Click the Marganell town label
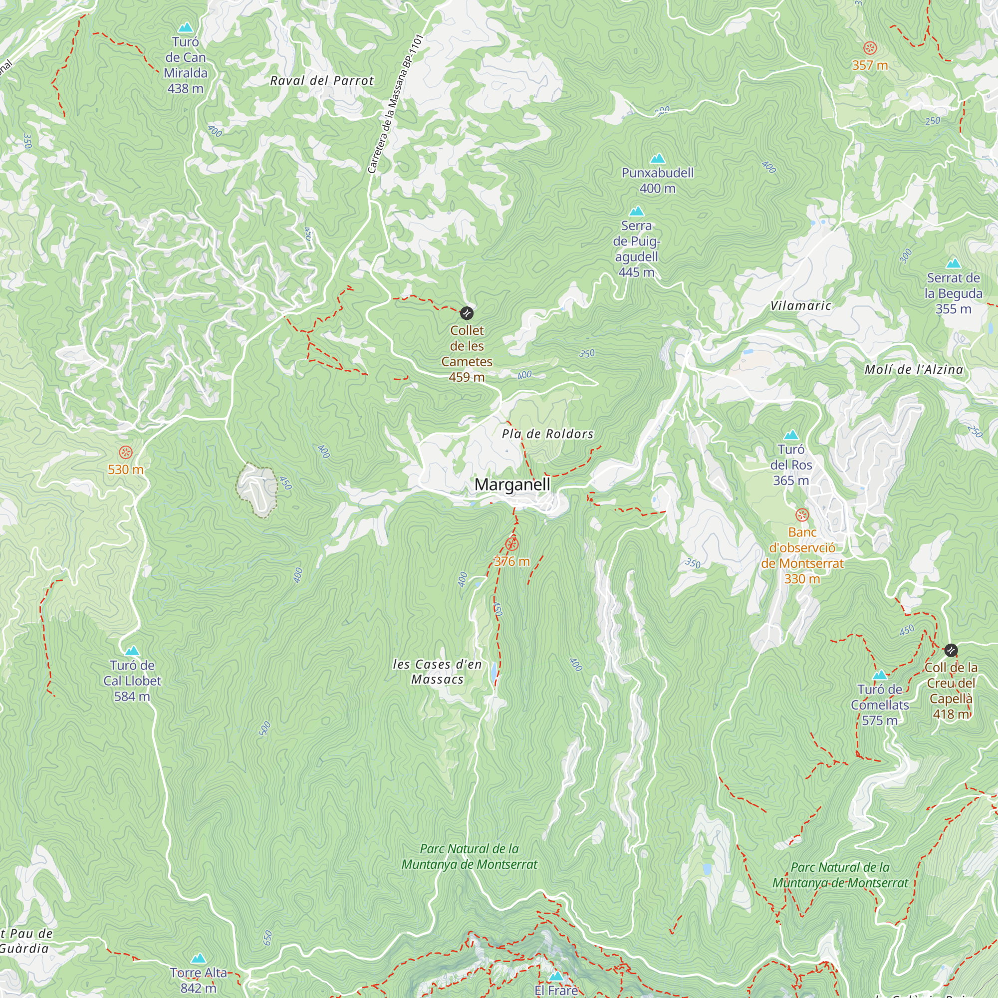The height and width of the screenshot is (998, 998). coord(512,485)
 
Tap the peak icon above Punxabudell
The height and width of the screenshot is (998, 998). coord(657,158)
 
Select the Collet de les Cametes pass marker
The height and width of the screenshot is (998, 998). coord(467,313)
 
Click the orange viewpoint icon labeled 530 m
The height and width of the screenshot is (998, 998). coord(126,453)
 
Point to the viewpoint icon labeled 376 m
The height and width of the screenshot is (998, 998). coord(511,544)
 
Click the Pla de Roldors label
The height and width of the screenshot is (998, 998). coord(547,434)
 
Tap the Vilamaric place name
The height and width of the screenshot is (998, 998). coord(801,306)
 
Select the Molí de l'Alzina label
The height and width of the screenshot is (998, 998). coord(914,369)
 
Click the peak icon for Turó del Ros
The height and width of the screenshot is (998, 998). coord(791,435)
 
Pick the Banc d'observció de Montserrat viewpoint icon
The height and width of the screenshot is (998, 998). coord(802,515)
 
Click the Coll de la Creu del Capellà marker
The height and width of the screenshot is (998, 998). coord(951,650)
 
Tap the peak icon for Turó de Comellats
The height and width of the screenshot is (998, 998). coord(880,675)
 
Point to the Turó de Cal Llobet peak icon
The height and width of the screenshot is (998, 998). coord(132,650)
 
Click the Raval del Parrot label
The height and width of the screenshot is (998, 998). coord(322,80)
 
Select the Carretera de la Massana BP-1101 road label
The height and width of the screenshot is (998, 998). coord(395,103)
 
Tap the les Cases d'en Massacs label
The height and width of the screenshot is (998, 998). coord(437,672)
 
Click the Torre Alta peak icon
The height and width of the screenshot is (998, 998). coord(199,959)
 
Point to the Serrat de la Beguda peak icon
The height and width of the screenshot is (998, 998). coord(953,263)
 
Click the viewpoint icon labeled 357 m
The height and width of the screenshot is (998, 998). coord(870,48)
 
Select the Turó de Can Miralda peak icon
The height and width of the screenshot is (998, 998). coord(186,27)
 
